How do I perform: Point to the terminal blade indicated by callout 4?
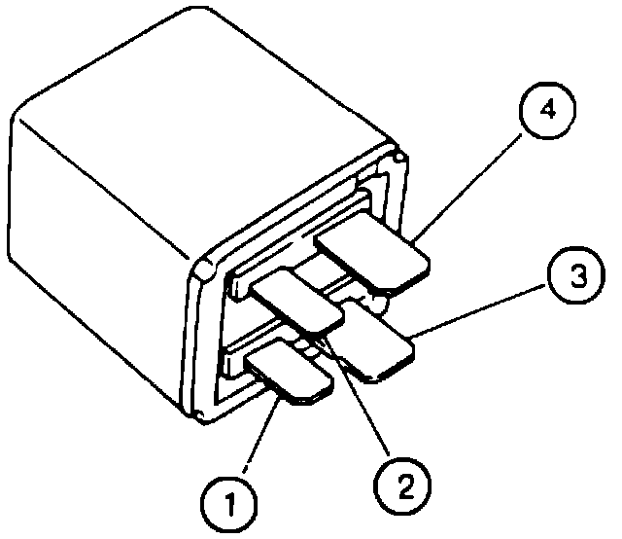(375, 255)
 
